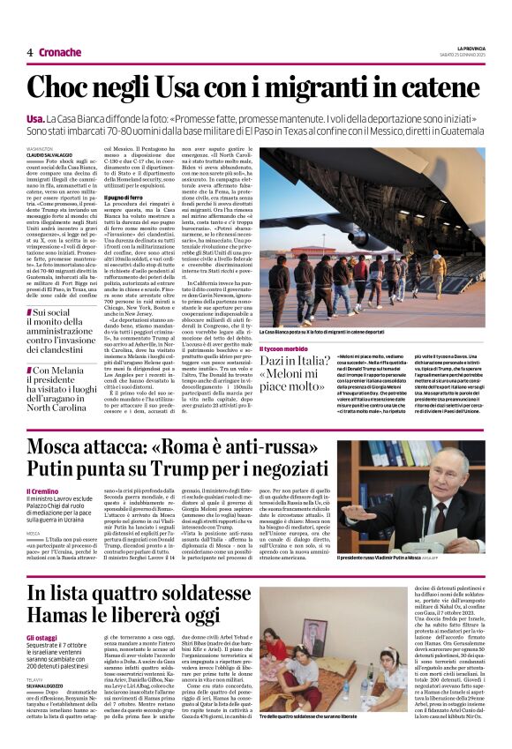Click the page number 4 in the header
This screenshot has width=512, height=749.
(x=29, y=52)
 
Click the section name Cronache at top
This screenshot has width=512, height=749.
(x=60, y=52)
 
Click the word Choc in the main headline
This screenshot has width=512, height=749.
(x=60, y=87)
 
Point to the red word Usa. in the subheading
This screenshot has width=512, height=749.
(x=36, y=118)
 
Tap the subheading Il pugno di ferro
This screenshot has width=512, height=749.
(x=124, y=198)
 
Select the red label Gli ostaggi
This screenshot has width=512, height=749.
(x=41, y=637)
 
